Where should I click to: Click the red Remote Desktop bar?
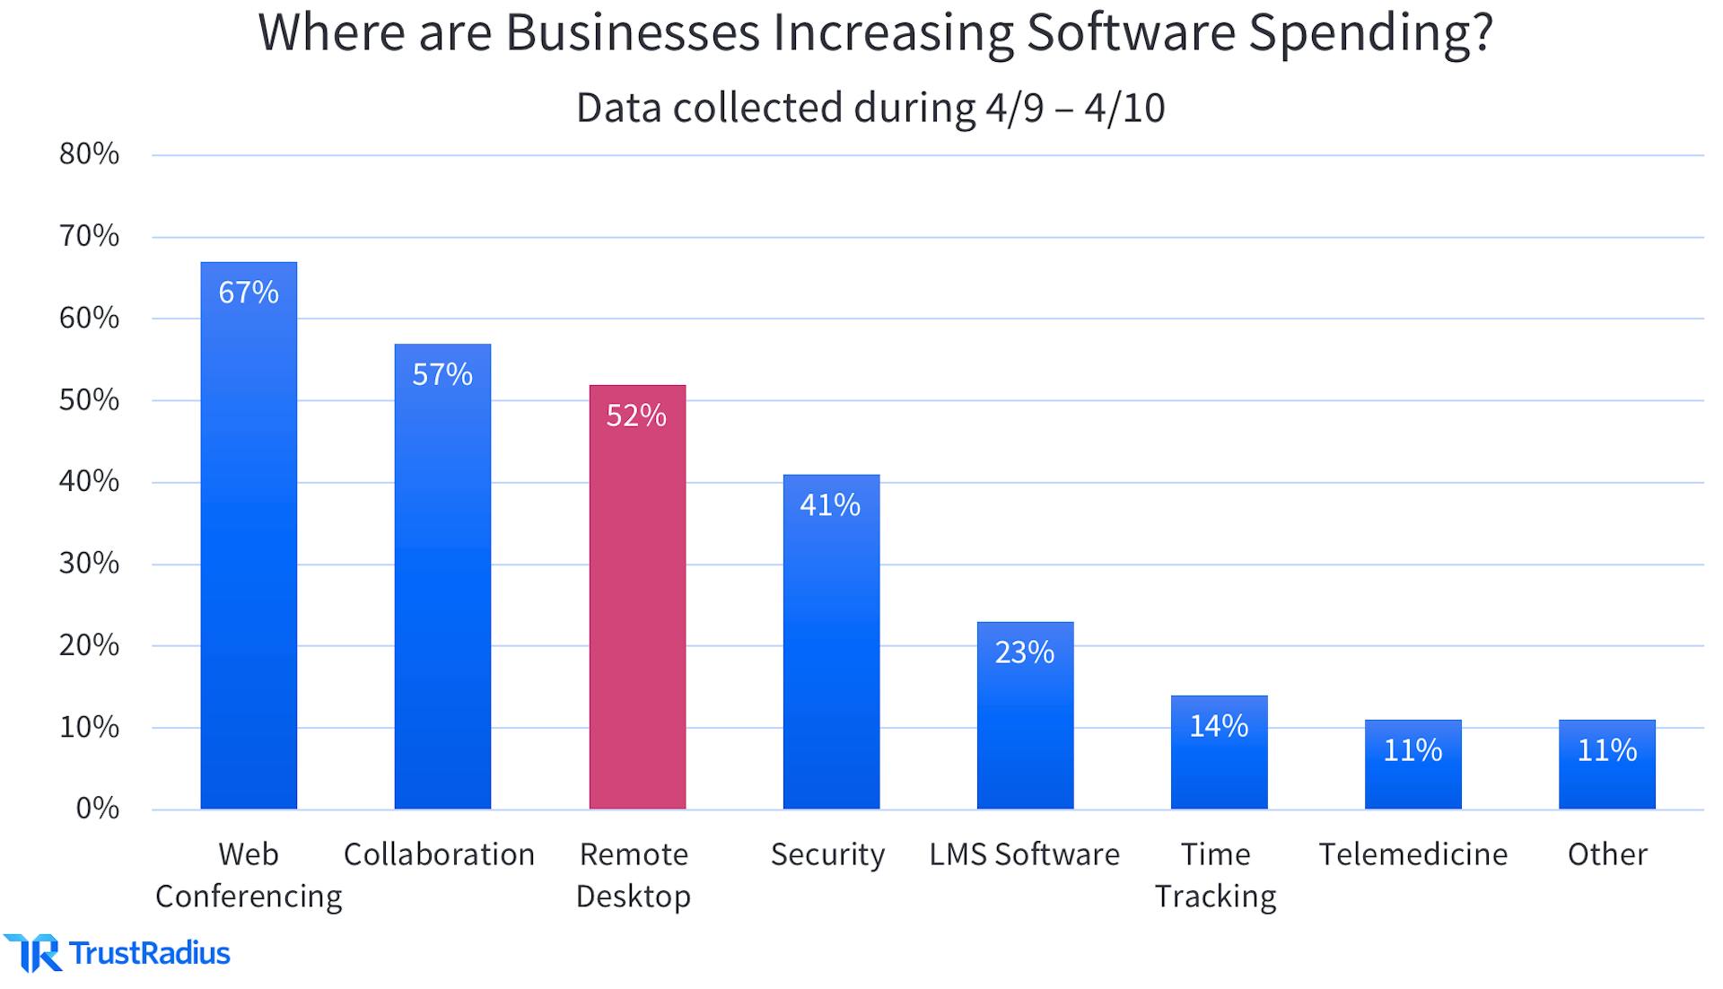pos(637,610)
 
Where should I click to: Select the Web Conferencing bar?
pos(249,556)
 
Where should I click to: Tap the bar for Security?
pos(831,655)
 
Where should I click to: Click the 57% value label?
pos(442,374)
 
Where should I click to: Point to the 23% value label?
pos(1025,652)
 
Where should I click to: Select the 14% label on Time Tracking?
pos(1219,726)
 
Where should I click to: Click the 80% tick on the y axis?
pos(89,154)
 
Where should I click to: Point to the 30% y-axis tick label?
pos(89,564)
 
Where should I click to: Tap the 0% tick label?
pos(97,809)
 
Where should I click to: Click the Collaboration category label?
pos(439,854)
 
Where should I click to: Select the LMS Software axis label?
pos(1024,854)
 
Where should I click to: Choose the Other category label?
pos(1607,854)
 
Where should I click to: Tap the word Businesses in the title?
pos(632,32)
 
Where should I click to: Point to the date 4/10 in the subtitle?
pos(1124,108)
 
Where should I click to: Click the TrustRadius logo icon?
pos(32,953)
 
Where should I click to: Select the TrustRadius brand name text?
pos(150,953)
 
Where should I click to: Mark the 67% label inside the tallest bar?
pos(249,293)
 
